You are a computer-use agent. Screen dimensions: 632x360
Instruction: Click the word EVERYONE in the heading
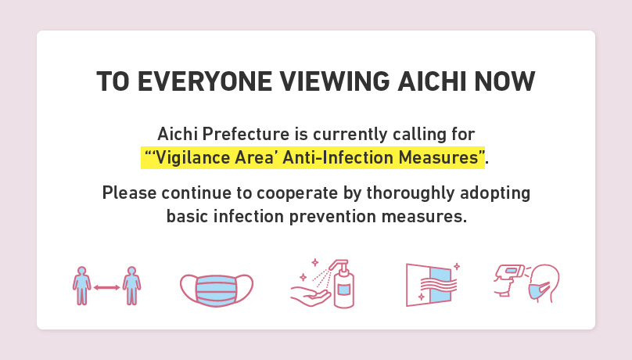[x=204, y=81]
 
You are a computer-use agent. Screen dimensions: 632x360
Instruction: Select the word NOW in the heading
[x=505, y=81]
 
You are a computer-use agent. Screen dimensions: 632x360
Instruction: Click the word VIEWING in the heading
[x=335, y=81]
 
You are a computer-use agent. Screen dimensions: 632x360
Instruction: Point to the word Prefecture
[x=246, y=134]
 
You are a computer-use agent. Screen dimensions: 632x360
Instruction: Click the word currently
[x=350, y=135]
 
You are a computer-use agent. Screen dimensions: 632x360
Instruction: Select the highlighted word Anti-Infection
[x=338, y=157]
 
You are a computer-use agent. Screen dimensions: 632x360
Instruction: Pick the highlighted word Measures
[x=439, y=157]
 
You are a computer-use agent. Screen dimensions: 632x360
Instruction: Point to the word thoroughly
[x=411, y=193]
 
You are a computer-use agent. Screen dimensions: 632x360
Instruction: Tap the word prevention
[x=332, y=217]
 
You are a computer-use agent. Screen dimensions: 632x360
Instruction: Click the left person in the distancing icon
[x=82, y=286]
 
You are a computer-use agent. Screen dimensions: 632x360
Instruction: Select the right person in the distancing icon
[x=131, y=286]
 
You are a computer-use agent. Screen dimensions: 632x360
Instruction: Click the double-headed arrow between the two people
[x=107, y=287]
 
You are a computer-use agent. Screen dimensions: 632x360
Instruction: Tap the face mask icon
[x=217, y=290]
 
